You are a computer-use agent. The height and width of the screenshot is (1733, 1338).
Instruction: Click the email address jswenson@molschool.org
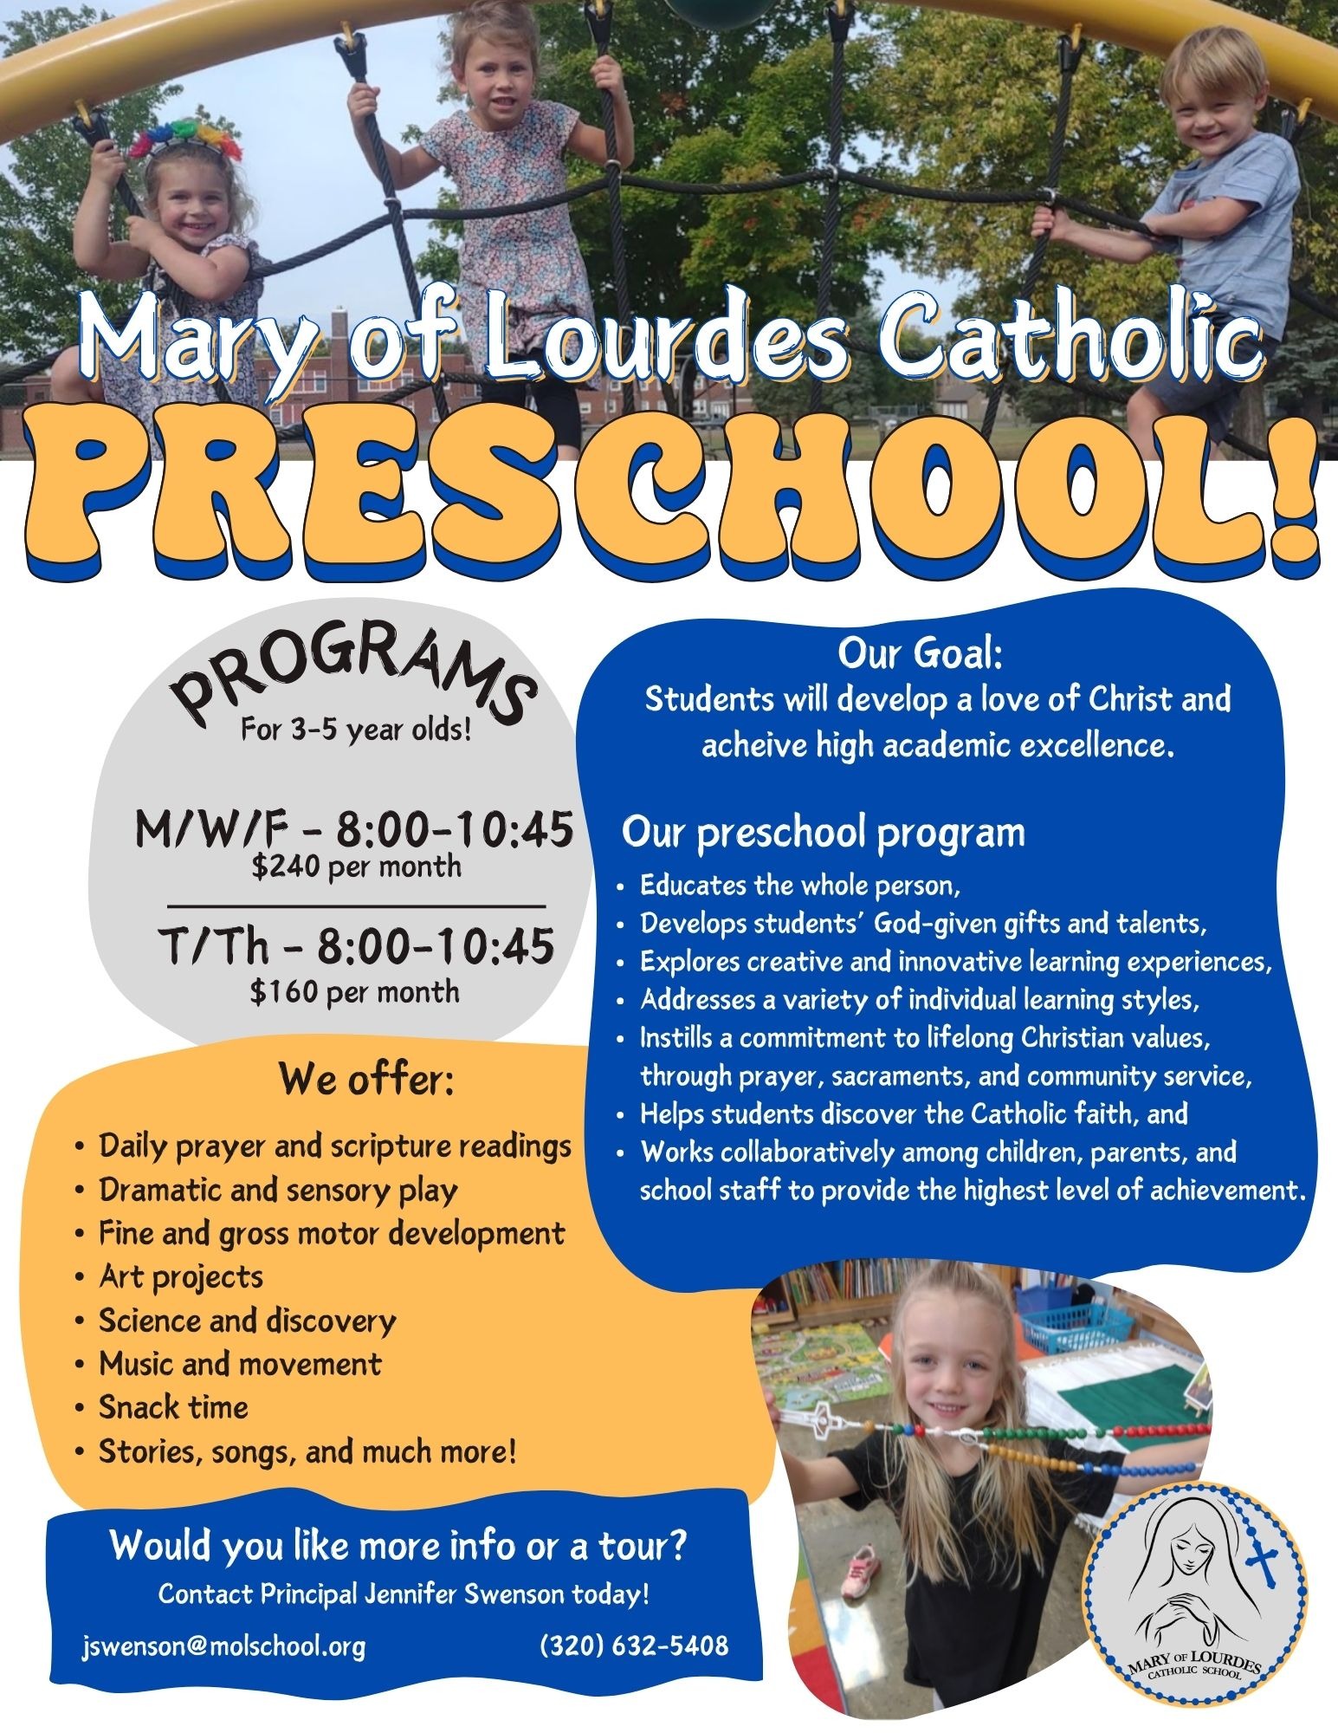click(223, 1645)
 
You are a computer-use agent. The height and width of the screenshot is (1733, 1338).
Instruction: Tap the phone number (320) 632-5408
click(634, 1645)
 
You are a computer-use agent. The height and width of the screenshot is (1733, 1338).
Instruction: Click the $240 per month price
click(356, 866)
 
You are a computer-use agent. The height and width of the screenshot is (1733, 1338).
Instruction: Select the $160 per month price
click(354, 991)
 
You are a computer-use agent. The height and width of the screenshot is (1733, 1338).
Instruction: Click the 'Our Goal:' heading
click(920, 654)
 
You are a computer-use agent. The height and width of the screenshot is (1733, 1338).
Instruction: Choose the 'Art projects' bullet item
click(180, 1276)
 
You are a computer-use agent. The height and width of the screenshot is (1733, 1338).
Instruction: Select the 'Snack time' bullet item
click(173, 1406)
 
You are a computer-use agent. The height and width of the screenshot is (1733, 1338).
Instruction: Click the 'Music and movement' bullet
click(240, 1363)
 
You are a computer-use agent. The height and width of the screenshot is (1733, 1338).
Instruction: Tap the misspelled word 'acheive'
click(753, 745)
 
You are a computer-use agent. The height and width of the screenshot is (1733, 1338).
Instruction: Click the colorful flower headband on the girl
click(184, 139)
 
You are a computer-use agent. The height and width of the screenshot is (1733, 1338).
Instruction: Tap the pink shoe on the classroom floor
click(861, 1569)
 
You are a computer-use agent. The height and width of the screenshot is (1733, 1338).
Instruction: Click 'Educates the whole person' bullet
click(800, 885)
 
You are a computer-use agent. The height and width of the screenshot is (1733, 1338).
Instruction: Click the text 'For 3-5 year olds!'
click(356, 730)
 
